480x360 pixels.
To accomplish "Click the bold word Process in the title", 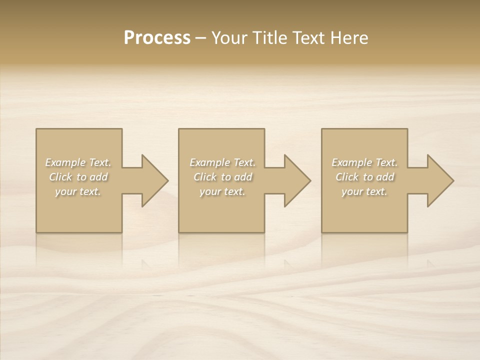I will tap(157, 38).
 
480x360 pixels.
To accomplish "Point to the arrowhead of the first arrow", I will tap(155, 180).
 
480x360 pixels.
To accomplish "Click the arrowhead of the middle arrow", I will tap(298, 180).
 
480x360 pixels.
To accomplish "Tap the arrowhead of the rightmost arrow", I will tap(441, 180).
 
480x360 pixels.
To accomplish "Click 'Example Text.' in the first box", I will tap(78, 162).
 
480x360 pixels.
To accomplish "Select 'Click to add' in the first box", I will tap(78, 177).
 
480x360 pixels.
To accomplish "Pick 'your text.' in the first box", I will tap(78, 191).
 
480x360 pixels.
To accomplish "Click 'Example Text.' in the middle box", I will tap(222, 162).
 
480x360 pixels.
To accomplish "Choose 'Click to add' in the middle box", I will tap(222, 177).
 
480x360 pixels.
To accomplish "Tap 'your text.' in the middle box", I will tap(222, 191).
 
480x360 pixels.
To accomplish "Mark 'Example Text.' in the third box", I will tap(364, 162).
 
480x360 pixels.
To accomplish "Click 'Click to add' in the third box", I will tap(364, 177).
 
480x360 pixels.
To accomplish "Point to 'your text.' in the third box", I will tap(364, 191).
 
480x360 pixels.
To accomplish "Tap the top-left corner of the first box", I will tap(36, 129).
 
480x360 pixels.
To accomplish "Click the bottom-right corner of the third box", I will tap(407, 232).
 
